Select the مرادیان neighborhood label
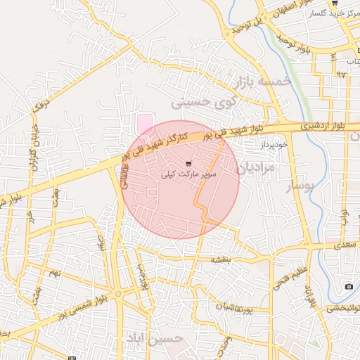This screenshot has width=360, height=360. point(257,169)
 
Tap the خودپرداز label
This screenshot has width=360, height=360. point(274,143)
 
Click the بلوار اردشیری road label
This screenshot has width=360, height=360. point(320,126)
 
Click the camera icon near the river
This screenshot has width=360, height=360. point(349,286)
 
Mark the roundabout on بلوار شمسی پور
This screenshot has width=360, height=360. point(119,293)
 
